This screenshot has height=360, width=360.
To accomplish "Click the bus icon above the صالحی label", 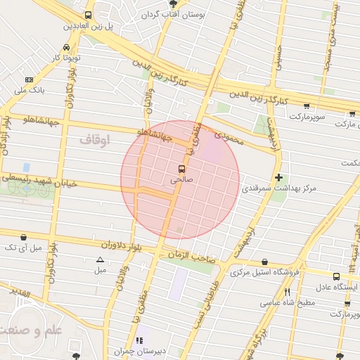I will (x=181, y=169).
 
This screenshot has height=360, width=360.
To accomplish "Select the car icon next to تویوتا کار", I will (x=65, y=47).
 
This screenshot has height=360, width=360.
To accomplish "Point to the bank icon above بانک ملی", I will (x=29, y=80).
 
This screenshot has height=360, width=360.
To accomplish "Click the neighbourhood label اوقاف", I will (x=94, y=140).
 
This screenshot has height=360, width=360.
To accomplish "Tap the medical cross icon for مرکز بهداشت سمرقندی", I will (x=279, y=178).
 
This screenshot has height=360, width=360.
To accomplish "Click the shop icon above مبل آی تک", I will (x=25, y=237).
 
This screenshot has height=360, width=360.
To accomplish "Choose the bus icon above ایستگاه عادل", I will (x=336, y=277).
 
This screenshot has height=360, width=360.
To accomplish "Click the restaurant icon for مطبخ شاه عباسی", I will (x=286, y=292).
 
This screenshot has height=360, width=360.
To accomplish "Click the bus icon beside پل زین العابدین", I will (x=88, y=15).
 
